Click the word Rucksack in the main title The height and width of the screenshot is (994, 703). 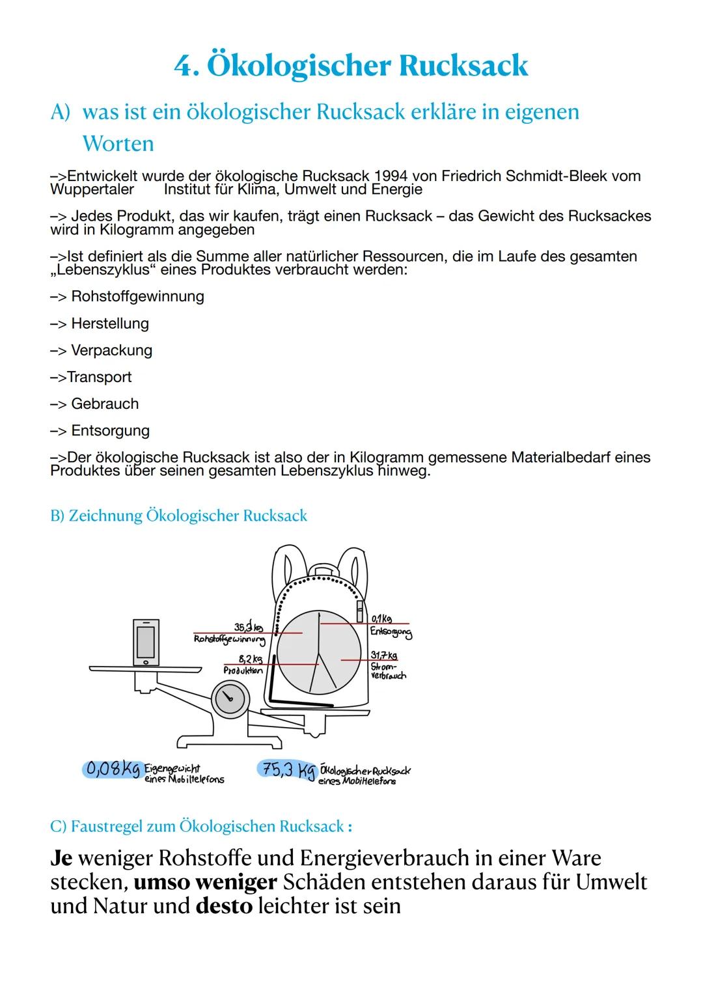pos(463,66)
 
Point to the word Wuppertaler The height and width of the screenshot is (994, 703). pos(92,189)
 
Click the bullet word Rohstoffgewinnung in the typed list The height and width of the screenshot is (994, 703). pos(137,297)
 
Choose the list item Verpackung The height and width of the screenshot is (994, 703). pos(111,350)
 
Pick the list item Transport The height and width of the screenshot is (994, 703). pos(99,377)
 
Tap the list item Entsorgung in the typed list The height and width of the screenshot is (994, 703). pos(110,430)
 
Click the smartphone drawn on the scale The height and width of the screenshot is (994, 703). pos(146,641)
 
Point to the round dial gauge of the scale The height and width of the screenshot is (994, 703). pos(230,698)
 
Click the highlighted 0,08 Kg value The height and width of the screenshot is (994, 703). pos(112,769)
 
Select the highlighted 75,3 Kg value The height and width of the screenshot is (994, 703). pos(286,770)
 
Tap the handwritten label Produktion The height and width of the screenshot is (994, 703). pos(243,670)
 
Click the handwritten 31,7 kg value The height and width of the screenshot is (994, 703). pos(383,655)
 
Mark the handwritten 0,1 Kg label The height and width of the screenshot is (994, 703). pos(381,618)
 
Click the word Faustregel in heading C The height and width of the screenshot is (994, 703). pos(109,827)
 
